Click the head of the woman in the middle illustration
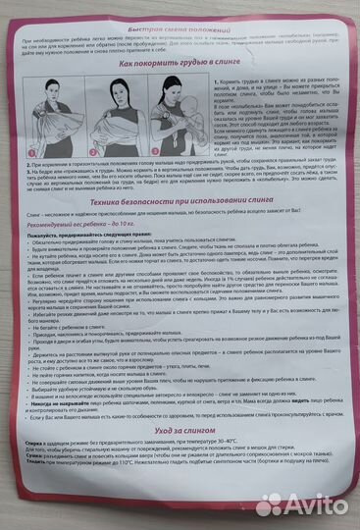[x=118, y=84]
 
